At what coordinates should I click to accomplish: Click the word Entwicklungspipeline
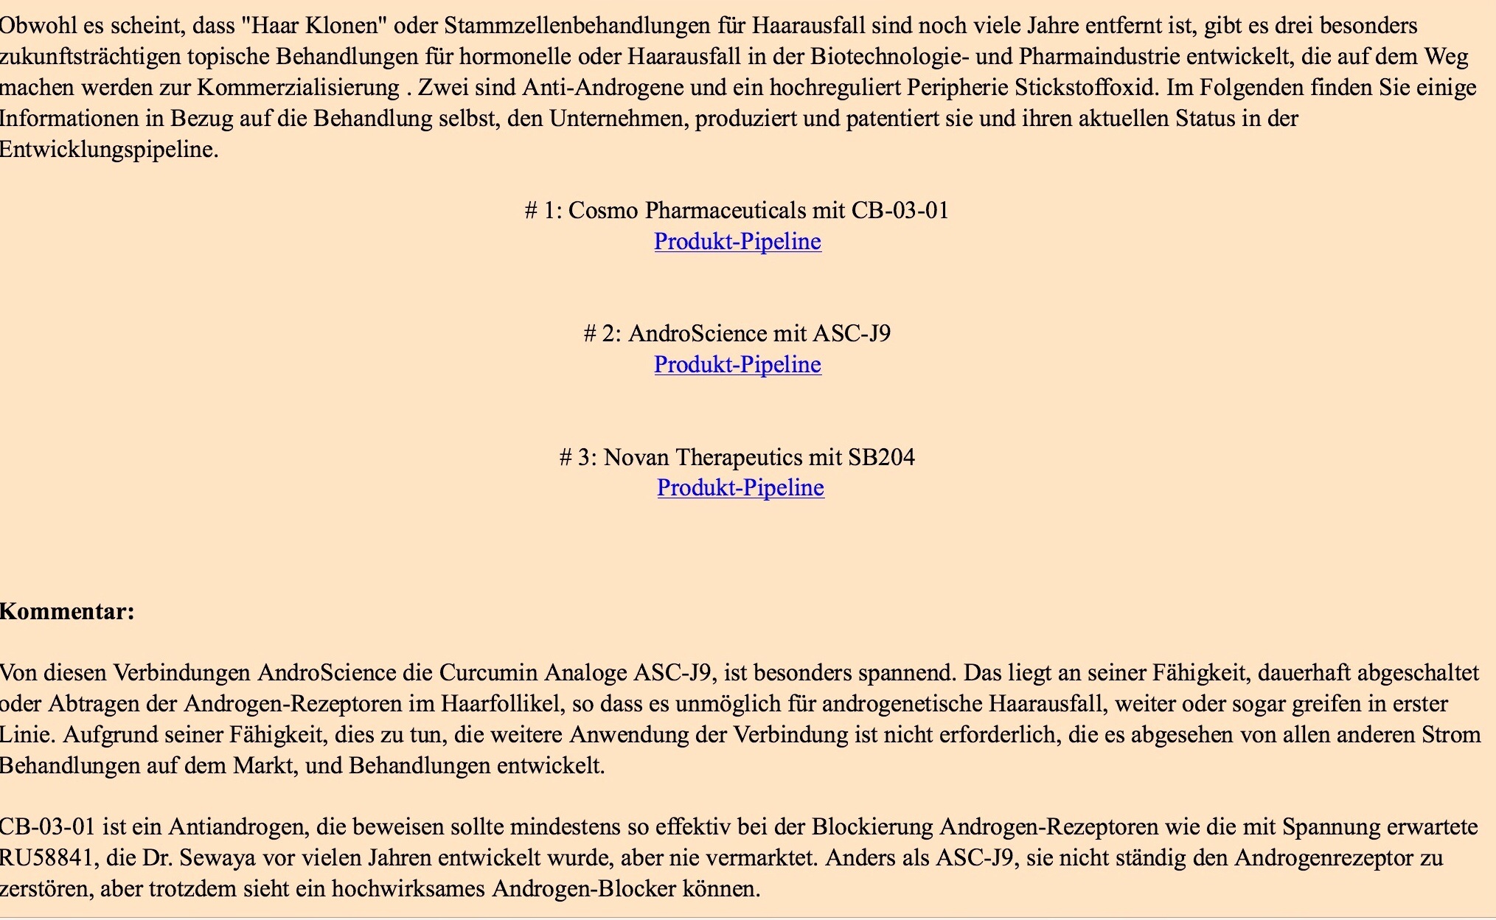tap(108, 150)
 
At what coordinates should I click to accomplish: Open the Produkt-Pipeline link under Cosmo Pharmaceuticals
tap(737, 242)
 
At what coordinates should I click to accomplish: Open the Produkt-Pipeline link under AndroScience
tap(737, 365)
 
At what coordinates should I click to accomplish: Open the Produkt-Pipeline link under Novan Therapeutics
tap(740, 488)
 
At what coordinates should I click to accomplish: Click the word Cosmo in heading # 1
tap(603, 211)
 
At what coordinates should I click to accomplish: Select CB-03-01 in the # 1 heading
tap(900, 211)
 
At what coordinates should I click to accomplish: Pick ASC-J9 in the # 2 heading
tap(852, 334)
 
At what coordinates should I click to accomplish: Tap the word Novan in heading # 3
tap(636, 458)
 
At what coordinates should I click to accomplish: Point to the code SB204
tap(881, 458)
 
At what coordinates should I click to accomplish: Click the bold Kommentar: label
tap(67, 612)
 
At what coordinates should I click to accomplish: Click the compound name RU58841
tap(46, 858)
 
